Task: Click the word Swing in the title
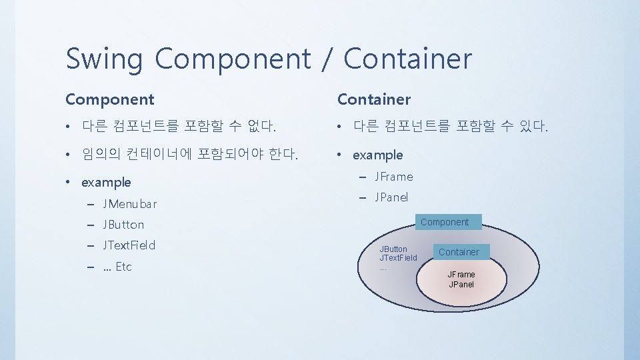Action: (103, 59)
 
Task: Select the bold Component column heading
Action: (109, 100)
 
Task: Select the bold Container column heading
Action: (373, 100)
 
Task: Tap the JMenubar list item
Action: (130, 203)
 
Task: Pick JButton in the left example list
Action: (123, 225)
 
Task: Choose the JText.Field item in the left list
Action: (129, 245)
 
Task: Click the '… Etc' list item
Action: (117, 267)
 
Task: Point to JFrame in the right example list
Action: (394, 177)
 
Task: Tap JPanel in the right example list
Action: (392, 197)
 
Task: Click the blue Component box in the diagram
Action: (445, 222)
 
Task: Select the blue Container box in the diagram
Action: (459, 252)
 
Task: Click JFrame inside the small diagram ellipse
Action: (461, 275)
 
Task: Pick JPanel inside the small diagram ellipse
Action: (461, 285)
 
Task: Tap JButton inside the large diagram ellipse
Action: (393, 249)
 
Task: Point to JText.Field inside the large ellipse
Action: (398, 258)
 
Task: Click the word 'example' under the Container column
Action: (378, 155)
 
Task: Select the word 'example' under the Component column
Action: (106, 183)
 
